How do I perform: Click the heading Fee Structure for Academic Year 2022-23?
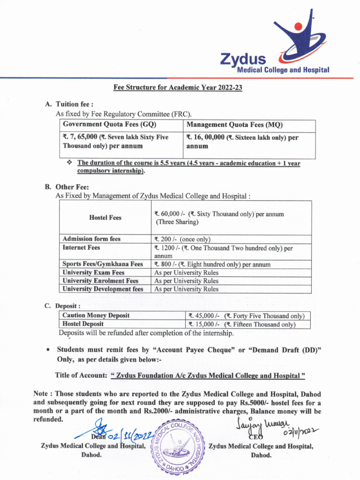click(x=178, y=87)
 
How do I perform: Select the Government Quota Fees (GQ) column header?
click(x=110, y=125)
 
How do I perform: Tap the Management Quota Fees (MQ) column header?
click(x=234, y=125)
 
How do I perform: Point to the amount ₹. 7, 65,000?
click(x=80, y=137)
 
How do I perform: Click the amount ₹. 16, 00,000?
click(x=205, y=137)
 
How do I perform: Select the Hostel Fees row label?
click(x=105, y=217)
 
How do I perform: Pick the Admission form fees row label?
click(x=91, y=239)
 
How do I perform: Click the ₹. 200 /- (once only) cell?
click(x=182, y=239)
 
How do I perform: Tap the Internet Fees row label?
click(x=81, y=247)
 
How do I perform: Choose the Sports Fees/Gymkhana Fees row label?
click(x=103, y=264)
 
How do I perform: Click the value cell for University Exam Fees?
click(x=186, y=272)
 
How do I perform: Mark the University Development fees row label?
click(x=103, y=289)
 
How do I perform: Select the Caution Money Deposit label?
click(x=96, y=315)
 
